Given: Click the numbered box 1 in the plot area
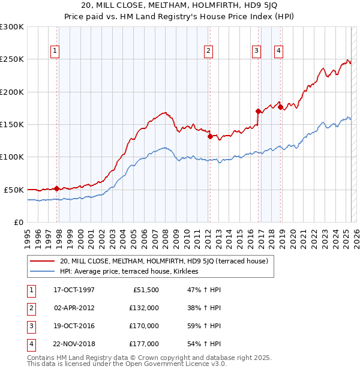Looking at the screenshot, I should pos(55,51).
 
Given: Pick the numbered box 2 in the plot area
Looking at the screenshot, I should pos(208,51).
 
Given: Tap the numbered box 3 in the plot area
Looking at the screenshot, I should pos(256,51).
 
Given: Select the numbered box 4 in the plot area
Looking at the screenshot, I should pos(279,51).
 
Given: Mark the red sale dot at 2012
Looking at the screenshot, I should pos(210,136).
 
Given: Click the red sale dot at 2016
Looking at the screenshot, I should pos(258,111).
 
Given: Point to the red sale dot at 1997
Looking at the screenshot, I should pos(57,188).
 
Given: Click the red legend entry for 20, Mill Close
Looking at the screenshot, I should pos(159,261).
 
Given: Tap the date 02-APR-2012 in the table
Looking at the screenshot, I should pos(74,307).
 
